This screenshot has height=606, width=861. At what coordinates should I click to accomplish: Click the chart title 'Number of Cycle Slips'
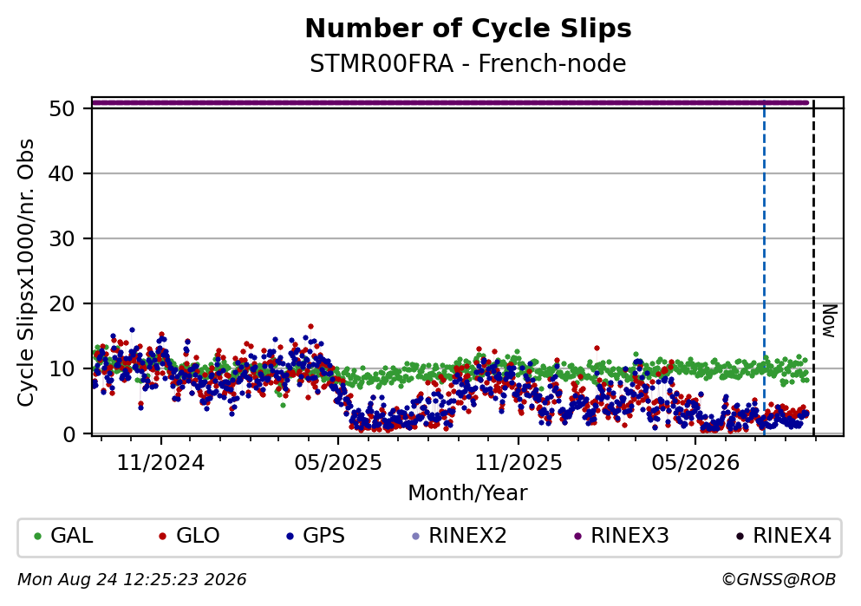(468, 29)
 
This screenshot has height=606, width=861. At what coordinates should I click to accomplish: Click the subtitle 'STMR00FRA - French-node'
(468, 63)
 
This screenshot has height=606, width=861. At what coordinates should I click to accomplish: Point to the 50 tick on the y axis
(62, 108)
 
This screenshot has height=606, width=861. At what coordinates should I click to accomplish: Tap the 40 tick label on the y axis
(62, 174)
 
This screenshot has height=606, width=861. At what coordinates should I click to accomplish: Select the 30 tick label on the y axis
(62, 238)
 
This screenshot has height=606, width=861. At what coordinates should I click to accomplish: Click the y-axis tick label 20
(62, 303)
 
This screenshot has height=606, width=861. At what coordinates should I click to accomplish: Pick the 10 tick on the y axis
(62, 368)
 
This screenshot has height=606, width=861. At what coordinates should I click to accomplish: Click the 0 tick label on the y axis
(68, 434)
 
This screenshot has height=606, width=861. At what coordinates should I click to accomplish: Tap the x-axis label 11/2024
(160, 463)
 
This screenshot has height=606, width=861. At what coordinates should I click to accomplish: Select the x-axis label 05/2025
(337, 463)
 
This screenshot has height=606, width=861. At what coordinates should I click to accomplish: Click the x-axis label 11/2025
(519, 463)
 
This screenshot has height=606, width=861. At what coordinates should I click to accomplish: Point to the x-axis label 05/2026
(695, 463)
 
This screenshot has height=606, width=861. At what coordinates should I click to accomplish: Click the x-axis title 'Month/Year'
(468, 493)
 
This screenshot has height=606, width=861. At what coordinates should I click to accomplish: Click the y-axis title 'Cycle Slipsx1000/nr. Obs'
(26, 273)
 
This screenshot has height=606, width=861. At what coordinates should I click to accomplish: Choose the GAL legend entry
(63, 536)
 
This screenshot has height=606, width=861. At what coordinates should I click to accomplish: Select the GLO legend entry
(189, 536)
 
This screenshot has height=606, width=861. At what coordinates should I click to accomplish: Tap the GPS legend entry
(316, 536)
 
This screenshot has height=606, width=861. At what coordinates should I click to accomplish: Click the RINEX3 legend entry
(622, 536)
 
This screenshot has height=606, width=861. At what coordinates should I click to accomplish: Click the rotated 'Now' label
(829, 321)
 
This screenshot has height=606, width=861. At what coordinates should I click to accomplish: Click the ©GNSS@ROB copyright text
(779, 580)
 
